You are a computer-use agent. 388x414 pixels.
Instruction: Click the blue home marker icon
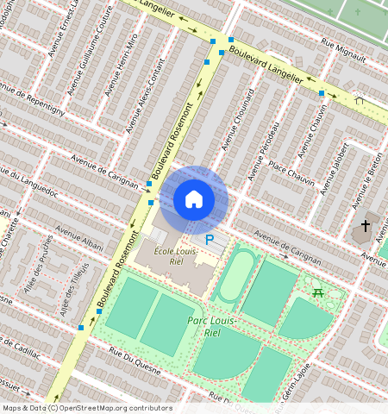pyautogui.click(x=194, y=199)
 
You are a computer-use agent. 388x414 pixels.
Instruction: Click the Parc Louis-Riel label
pyautogui.click(x=210, y=327)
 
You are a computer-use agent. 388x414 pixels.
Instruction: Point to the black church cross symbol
pyautogui.click(x=365, y=227)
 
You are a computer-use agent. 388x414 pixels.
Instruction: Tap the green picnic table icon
pyautogui.click(x=318, y=293)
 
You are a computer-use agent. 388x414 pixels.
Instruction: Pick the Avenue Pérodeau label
pyautogui.click(x=265, y=151)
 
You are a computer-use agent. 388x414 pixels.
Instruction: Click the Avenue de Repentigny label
pyautogui.click(x=33, y=99)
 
